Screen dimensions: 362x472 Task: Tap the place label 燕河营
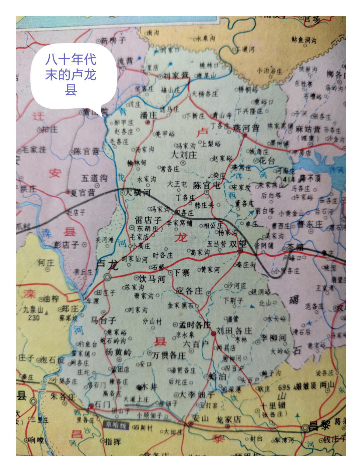point(246,128)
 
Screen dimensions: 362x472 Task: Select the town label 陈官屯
point(206,185)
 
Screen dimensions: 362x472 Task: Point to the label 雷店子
point(148,220)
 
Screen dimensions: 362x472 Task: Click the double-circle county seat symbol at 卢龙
point(108,277)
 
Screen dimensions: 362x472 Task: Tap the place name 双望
point(237,244)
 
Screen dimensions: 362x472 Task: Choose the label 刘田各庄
point(234,330)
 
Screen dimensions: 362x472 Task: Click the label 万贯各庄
point(168,355)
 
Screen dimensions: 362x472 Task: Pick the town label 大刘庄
point(184,155)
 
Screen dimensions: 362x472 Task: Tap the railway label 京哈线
point(116,425)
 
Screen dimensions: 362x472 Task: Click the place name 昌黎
point(319,426)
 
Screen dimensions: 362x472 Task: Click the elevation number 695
point(284,387)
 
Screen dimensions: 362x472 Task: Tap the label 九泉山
point(34,310)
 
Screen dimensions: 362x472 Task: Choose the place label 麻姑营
point(308,129)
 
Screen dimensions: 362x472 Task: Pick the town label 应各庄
point(189,291)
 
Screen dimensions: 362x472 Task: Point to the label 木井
point(149,386)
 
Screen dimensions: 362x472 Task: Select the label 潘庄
point(149,115)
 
